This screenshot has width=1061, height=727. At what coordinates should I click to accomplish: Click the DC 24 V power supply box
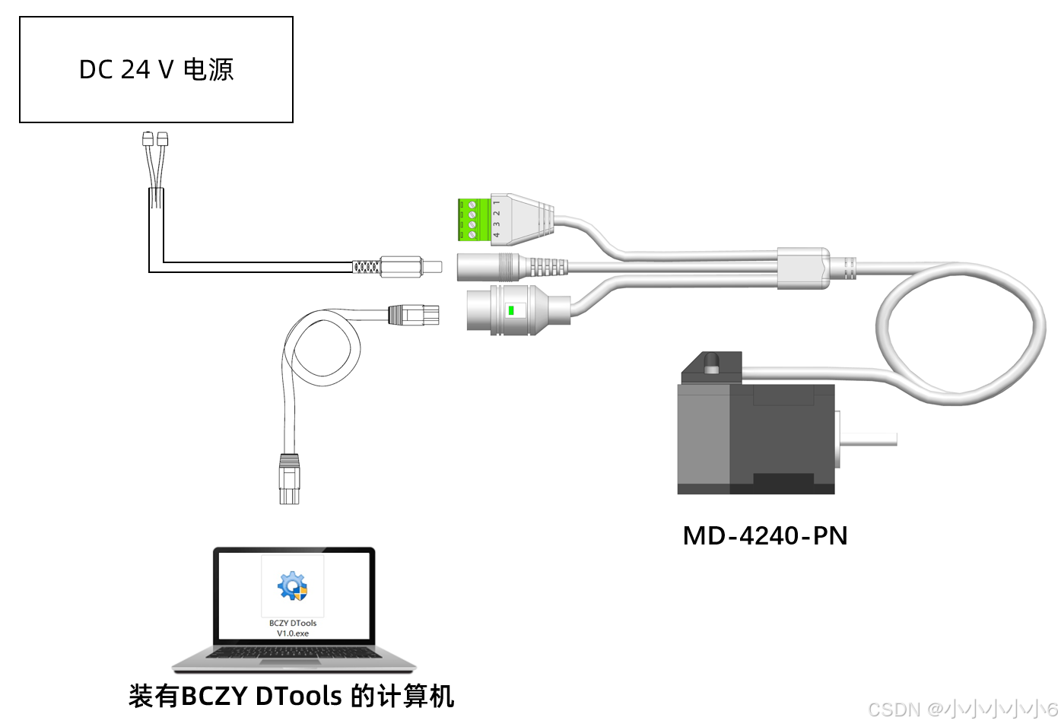point(156,70)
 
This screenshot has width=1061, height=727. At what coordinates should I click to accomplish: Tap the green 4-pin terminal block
point(472,220)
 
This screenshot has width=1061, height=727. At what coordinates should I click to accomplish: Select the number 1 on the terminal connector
point(497,203)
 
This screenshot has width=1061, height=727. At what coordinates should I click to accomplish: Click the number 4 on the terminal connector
point(497,235)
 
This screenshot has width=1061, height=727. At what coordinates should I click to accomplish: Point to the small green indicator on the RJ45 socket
point(512,310)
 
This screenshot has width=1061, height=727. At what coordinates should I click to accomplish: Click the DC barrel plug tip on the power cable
point(431,267)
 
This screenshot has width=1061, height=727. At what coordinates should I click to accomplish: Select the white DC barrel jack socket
point(487,267)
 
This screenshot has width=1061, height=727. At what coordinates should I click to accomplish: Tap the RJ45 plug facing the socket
point(414,314)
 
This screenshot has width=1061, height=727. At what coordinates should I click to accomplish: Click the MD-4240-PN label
point(764,536)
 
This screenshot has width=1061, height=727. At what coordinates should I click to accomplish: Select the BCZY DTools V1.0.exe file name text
point(293,628)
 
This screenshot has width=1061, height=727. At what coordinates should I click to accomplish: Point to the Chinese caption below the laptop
point(291,696)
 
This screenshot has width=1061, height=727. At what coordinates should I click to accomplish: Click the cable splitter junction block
point(802,268)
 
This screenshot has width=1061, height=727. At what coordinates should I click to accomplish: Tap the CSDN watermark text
point(962,710)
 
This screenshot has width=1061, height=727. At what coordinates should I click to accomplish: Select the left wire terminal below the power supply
point(148,139)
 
